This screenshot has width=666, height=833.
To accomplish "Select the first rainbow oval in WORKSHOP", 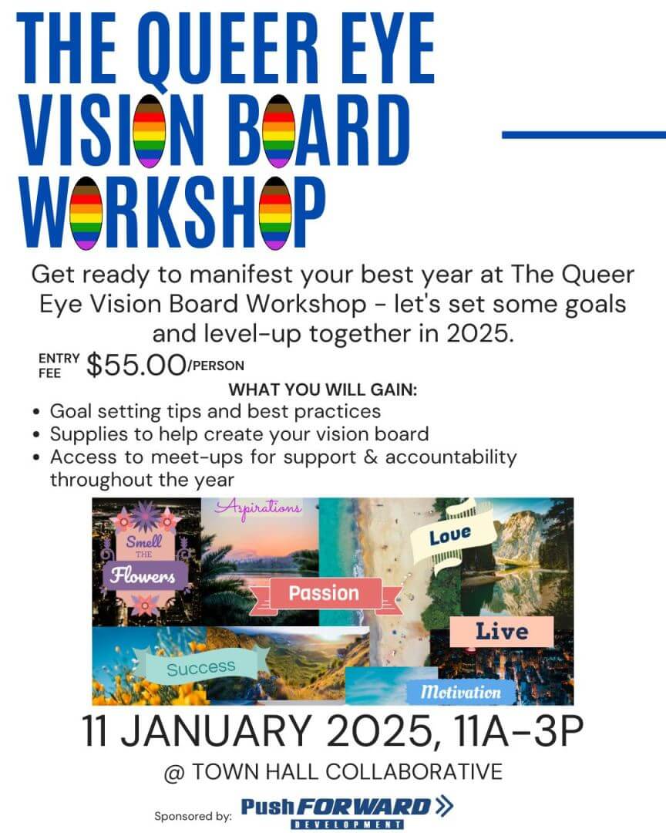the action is [86, 214].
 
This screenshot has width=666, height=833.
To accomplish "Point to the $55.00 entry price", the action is [136, 366].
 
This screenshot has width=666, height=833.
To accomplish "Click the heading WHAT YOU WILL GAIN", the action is [323, 390].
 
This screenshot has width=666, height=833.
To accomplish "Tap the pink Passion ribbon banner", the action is [325, 593].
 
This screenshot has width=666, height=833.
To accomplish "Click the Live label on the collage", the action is [501, 632].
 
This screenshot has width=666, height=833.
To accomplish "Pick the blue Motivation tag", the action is [460, 692].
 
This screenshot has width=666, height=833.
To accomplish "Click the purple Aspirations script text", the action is [259, 508].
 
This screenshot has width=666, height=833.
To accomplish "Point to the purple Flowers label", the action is [143, 576].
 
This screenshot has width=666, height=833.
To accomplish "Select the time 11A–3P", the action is [519, 731].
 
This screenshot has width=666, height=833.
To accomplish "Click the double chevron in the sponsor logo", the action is [444, 806].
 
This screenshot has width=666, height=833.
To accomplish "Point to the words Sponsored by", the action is [193, 815].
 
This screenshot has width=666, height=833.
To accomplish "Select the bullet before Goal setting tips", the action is [36, 412].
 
